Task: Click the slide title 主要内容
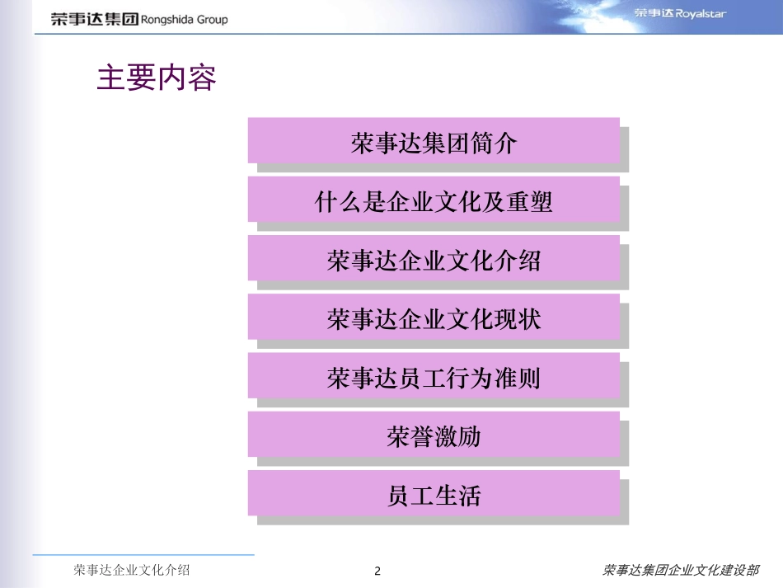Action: (x=157, y=78)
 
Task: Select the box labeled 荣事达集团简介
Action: (x=434, y=141)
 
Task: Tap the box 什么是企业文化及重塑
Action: (x=434, y=200)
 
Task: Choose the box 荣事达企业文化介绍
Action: (x=434, y=259)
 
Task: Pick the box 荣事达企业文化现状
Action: (x=434, y=318)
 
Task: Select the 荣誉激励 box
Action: (x=434, y=435)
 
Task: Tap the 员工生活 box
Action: (x=434, y=494)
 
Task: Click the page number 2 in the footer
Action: (x=377, y=572)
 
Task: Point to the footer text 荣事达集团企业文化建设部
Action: (x=680, y=570)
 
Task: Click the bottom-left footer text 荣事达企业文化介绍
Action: (x=131, y=570)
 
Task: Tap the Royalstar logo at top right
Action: (x=680, y=14)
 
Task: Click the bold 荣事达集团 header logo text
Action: (x=94, y=19)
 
